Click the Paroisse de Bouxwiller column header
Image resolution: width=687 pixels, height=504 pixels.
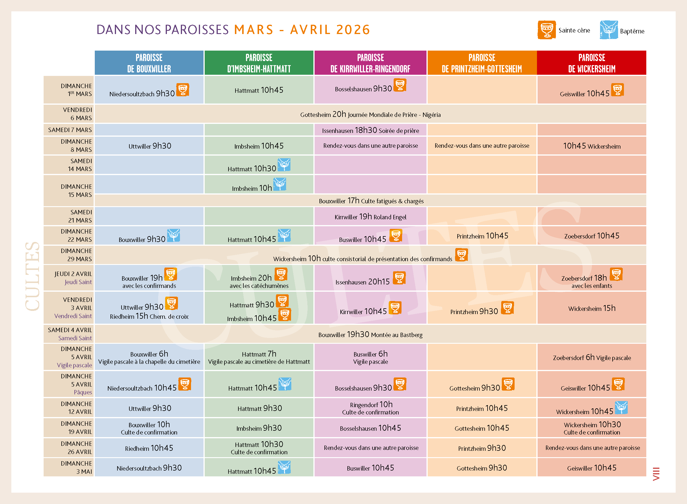[x=149, y=63]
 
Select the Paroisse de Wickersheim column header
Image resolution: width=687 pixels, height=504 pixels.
[x=592, y=63]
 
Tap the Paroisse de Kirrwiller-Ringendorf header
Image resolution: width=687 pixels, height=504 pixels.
[x=370, y=63]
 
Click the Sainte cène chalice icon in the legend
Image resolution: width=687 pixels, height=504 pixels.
[x=546, y=30]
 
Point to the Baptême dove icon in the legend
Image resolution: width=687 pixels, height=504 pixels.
[x=609, y=30]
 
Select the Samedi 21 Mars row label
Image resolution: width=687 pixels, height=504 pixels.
[x=80, y=216]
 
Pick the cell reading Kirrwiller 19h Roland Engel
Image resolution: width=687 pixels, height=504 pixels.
[x=370, y=217]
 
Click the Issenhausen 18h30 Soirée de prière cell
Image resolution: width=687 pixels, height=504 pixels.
[x=370, y=130]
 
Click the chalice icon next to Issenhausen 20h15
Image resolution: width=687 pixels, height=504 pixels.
[x=399, y=278]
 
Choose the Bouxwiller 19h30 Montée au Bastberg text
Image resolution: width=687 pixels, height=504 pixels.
[x=370, y=335]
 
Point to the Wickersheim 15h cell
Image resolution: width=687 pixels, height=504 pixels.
[x=592, y=309]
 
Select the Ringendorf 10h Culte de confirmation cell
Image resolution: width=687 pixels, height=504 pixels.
[x=370, y=408]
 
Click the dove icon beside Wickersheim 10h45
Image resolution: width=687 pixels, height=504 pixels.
[x=621, y=408]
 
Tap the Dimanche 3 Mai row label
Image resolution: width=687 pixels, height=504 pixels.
[x=76, y=467]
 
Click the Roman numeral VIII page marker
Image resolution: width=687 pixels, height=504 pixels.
[x=656, y=474]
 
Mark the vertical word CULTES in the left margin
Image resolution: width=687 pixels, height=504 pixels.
[x=32, y=276]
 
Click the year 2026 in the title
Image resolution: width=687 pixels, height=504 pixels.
[x=353, y=30]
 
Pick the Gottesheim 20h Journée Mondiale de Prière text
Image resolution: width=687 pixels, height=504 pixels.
[x=370, y=114]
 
